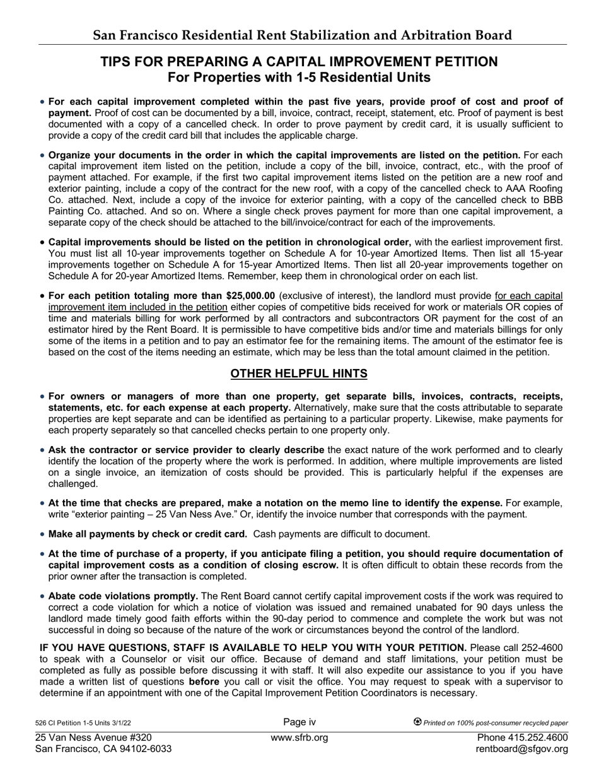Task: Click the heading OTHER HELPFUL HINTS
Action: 299,373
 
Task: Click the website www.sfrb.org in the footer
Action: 299,738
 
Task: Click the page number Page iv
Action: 299,722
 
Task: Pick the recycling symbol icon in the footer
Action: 417,722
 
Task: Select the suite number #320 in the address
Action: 138,738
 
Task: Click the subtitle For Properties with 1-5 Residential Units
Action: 299,78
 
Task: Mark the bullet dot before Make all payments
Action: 42,534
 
